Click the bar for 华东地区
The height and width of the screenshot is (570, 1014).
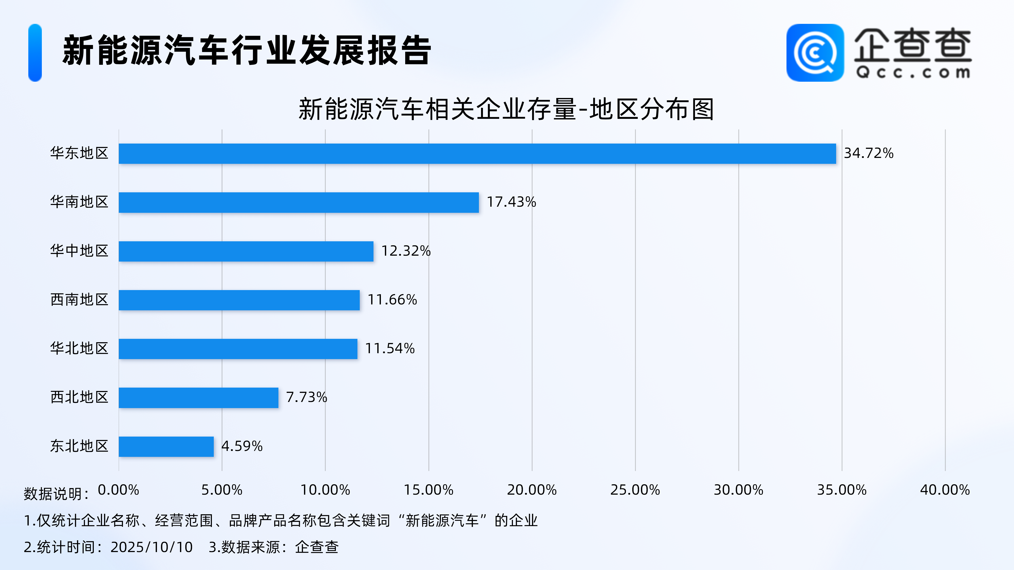coord(477,153)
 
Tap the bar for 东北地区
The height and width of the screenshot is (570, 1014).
coord(166,446)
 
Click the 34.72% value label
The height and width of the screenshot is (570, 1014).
coord(868,153)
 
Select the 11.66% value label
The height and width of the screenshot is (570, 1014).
coord(392,300)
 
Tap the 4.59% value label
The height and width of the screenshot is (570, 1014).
coord(242,446)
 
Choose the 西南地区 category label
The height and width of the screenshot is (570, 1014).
coord(79,300)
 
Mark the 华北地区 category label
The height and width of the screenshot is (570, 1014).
coord(79,349)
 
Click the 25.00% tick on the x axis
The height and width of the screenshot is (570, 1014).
coord(635,490)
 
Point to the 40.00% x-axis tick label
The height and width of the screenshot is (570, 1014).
coord(945,490)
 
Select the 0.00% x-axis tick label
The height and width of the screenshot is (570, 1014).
coord(119,490)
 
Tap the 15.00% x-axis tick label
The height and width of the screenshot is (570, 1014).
coord(429,490)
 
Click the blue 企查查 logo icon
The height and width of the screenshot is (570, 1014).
coord(815,53)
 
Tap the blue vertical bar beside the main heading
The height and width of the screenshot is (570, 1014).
coord(35,53)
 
